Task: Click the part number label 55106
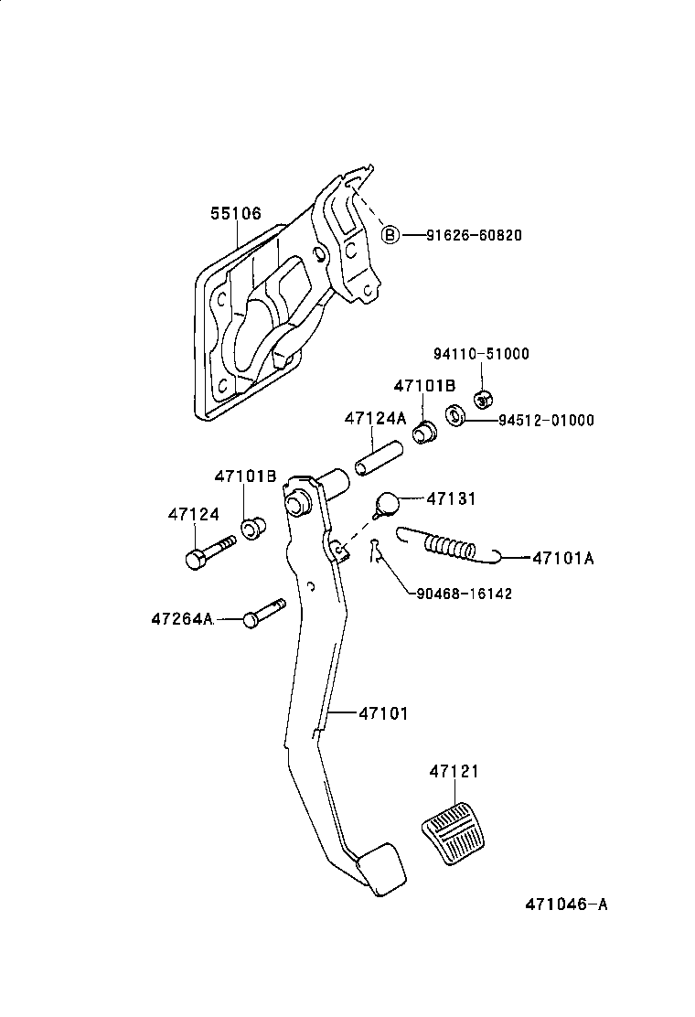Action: (235, 214)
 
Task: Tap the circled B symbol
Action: (390, 235)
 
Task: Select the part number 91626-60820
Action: (474, 235)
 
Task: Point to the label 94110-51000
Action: (480, 354)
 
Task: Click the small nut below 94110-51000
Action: (485, 398)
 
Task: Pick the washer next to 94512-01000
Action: (454, 416)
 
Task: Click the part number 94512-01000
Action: (546, 421)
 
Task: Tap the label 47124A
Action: (375, 418)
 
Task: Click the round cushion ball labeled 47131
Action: (388, 503)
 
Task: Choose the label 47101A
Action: (562, 557)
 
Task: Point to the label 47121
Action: (454, 772)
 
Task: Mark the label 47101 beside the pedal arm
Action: (383, 712)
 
